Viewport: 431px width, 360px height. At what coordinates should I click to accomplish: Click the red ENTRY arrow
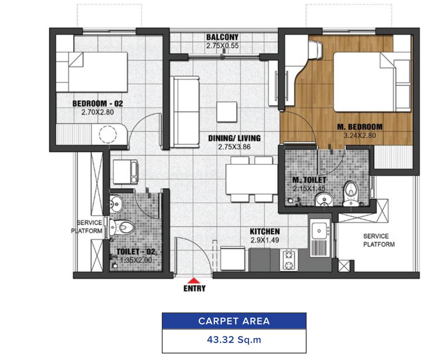194,280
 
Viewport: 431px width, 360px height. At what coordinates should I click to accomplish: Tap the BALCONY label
222,37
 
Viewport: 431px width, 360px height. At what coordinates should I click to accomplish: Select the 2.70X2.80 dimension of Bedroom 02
98,112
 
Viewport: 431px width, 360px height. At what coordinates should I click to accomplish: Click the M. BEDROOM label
359,127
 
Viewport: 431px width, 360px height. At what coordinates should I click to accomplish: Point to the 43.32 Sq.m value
234,340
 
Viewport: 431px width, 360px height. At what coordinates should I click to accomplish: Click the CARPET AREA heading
234,321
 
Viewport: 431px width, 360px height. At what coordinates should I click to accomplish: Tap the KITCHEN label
265,231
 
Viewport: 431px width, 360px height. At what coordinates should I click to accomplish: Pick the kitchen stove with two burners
289,260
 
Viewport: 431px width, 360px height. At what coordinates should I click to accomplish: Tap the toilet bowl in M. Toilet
350,193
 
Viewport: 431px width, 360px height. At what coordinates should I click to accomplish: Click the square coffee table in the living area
227,112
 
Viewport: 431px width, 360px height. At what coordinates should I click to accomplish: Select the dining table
251,179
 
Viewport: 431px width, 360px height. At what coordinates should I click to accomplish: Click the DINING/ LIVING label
234,138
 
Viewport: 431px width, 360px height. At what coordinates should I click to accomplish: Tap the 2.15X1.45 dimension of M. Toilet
309,189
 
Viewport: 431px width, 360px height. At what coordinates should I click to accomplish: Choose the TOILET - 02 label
136,252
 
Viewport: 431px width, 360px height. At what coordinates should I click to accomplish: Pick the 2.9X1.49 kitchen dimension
265,240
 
